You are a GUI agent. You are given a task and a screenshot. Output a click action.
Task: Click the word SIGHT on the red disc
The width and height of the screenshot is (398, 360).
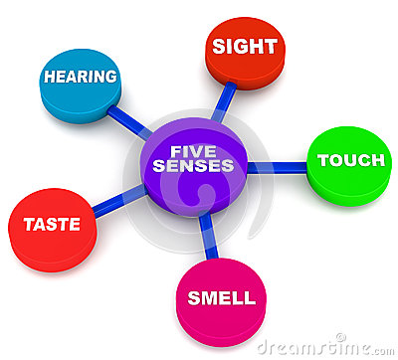click(245, 46)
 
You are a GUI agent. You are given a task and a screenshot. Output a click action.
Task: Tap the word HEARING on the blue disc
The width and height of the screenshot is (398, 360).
click(81, 77)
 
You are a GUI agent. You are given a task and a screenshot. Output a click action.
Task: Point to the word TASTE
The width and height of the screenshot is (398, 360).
click(52, 224)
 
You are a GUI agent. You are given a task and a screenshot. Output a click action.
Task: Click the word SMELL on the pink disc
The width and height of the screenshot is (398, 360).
click(221, 297)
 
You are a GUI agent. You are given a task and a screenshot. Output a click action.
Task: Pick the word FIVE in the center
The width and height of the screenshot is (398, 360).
click(193, 150)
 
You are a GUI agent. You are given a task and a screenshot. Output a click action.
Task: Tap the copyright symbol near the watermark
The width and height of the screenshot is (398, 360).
click(340, 338)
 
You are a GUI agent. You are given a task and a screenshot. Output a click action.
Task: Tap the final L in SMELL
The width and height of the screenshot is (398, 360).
click(250, 297)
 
